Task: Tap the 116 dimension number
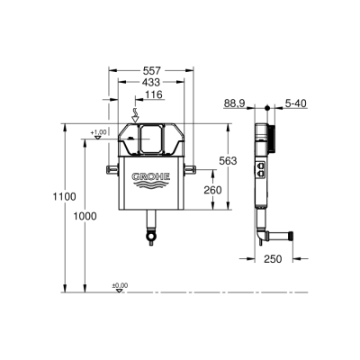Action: click(x=152, y=94)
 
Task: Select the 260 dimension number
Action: click(x=212, y=190)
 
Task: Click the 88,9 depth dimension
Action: click(x=234, y=104)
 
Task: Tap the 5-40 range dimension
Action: click(x=293, y=104)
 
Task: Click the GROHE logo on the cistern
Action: click(x=149, y=177)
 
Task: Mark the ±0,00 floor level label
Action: click(x=119, y=285)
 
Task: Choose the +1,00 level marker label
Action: click(x=98, y=133)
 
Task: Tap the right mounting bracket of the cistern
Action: click(x=189, y=168)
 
